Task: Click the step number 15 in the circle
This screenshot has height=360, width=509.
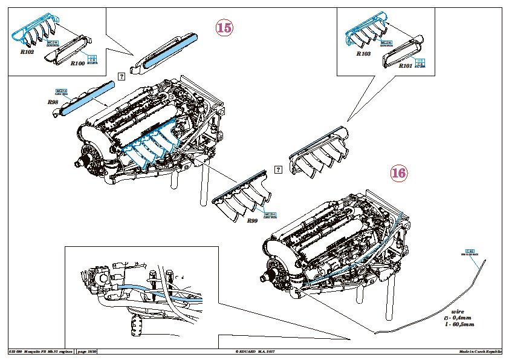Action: pos(224,27)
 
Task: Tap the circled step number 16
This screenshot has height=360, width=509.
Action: pos(398,173)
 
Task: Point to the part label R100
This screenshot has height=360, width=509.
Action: pos(78,62)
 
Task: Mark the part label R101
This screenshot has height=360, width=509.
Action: pos(406,66)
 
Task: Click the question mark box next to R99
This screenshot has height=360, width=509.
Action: pos(278,170)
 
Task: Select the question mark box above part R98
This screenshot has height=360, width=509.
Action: pos(121,76)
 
